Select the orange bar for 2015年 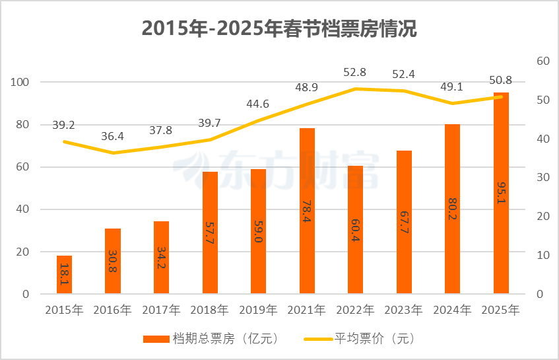[x=64, y=275]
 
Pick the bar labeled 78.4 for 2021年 [x=307, y=211]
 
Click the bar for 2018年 [x=210, y=233]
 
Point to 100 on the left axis [x=22, y=83]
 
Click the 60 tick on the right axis [x=543, y=61]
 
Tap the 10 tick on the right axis [x=543, y=255]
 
